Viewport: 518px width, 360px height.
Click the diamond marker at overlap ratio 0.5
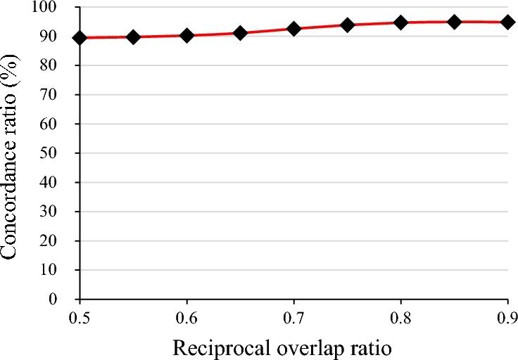click(80, 37)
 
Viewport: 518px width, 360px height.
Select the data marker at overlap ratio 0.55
click(133, 37)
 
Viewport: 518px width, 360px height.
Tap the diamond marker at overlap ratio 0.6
click(187, 35)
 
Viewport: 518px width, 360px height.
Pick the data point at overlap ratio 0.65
click(240, 33)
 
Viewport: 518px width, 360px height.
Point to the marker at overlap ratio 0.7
click(293, 29)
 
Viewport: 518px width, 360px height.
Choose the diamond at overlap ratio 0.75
click(347, 25)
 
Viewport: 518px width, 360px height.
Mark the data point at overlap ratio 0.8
click(401, 22)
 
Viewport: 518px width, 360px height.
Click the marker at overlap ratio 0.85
click(455, 22)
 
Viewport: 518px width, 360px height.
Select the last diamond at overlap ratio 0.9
click(507, 22)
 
